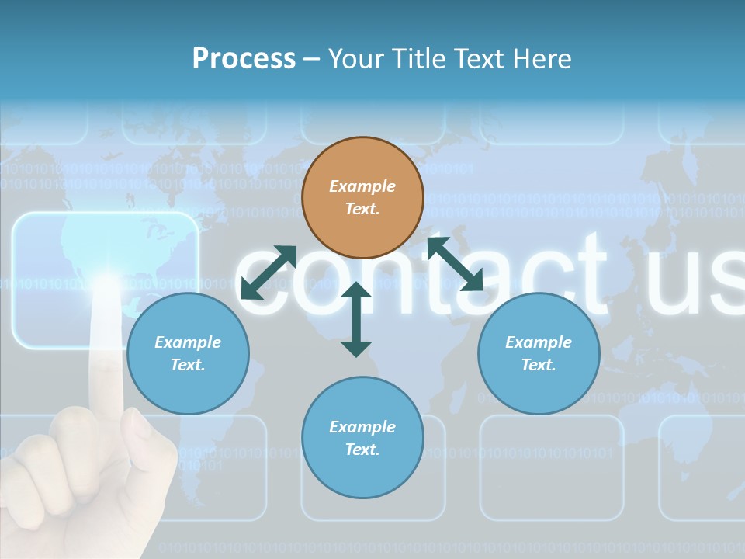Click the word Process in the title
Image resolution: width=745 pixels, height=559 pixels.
click(x=244, y=59)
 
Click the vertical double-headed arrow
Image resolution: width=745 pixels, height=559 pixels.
click(x=356, y=319)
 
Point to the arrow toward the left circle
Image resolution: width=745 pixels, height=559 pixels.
click(x=269, y=273)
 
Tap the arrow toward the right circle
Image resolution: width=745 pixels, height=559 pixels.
click(x=456, y=264)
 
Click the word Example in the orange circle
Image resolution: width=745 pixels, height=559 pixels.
click(x=362, y=186)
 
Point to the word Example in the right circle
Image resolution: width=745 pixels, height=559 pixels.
click(x=539, y=342)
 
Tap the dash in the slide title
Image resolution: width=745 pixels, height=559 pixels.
click(x=311, y=59)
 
